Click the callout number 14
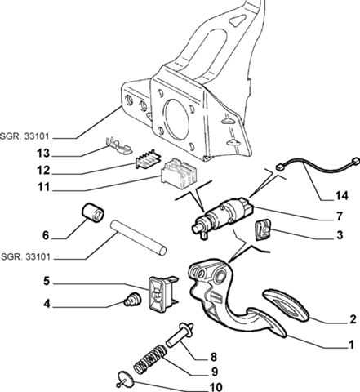point(341,195)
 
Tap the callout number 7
point(339,216)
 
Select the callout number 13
point(43,154)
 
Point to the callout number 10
point(216,386)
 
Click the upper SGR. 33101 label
point(24,136)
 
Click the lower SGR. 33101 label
point(26,256)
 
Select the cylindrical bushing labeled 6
point(94,212)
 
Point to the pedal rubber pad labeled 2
point(286,305)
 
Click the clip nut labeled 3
point(263,230)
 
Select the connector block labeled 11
point(179,172)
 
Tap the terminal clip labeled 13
point(119,146)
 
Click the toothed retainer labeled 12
point(148,159)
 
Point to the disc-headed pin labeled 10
point(125,381)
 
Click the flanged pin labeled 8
point(180,335)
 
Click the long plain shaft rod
point(138,238)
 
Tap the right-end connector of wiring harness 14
point(356,161)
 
